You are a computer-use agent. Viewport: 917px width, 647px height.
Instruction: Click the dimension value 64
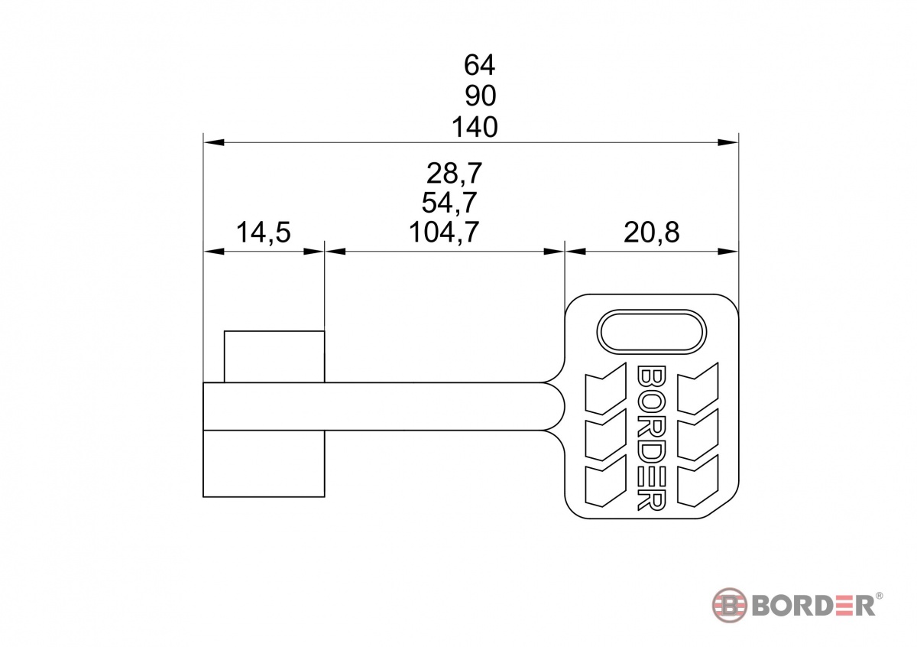479,65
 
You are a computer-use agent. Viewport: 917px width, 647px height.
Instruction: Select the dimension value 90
481,96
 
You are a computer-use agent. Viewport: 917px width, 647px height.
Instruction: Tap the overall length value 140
475,127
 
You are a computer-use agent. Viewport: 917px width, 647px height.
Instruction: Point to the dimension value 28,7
455,174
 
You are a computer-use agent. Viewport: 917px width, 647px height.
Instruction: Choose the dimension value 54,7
449,203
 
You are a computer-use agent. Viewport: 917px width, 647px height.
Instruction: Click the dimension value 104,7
444,232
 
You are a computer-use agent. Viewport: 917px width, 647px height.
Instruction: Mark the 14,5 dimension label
264,232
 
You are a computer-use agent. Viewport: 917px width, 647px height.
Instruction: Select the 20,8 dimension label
652,232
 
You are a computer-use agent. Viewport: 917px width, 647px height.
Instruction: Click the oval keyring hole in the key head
651,332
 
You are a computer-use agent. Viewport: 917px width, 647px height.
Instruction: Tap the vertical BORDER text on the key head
652,438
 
